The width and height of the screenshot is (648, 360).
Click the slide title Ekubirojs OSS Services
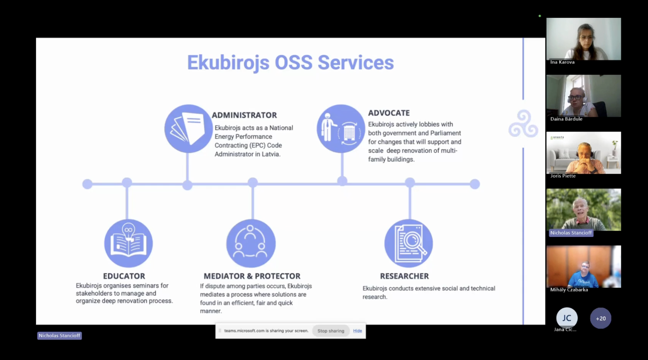click(x=290, y=62)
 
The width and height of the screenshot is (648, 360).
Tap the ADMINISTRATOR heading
click(x=244, y=115)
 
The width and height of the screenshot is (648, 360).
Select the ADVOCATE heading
click(x=389, y=113)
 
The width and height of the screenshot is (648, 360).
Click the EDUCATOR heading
click(x=124, y=276)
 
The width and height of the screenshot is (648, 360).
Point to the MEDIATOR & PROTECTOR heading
click(x=252, y=276)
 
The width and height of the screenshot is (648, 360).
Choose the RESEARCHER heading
click(x=404, y=276)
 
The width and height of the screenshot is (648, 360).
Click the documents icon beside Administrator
click(x=188, y=129)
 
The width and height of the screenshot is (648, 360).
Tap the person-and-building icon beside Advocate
click(x=341, y=129)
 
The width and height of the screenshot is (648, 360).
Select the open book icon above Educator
click(x=128, y=243)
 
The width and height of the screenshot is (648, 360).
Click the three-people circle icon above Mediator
click(x=251, y=243)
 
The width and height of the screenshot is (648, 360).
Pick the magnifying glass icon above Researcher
click(x=408, y=243)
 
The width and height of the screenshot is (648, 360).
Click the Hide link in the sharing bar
click(x=357, y=331)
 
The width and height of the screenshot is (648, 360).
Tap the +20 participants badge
click(x=601, y=318)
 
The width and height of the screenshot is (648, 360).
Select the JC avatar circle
click(x=566, y=318)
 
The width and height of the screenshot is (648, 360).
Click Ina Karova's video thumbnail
click(x=584, y=39)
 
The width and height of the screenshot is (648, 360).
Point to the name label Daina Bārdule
click(x=566, y=119)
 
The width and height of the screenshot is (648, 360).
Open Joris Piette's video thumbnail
click(x=584, y=153)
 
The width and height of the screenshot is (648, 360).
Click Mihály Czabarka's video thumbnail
click(x=584, y=267)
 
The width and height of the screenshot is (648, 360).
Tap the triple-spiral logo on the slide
click(x=523, y=124)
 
